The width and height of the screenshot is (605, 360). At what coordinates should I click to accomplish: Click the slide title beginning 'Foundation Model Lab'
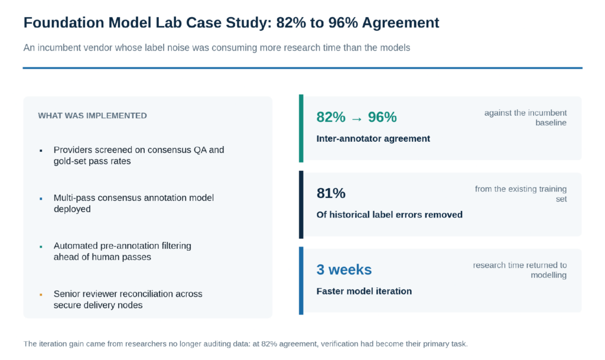(x=231, y=23)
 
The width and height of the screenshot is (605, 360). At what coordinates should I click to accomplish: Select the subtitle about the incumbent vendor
(x=217, y=48)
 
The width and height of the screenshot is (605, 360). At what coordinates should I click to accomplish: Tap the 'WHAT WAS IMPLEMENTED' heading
(x=92, y=116)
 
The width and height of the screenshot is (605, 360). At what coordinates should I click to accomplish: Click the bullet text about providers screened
(x=139, y=155)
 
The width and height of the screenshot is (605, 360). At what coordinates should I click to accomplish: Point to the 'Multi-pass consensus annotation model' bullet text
(x=134, y=203)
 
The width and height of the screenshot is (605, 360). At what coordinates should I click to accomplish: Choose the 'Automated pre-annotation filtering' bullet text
(x=122, y=251)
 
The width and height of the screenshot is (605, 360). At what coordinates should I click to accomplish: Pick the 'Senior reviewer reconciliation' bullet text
(x=128, y=300)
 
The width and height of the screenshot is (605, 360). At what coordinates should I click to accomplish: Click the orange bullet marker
(x=41, y=295)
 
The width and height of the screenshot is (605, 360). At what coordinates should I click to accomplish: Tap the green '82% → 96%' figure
(x=356, y=117)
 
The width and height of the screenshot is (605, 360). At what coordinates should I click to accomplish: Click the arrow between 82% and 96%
(x=357, y=119)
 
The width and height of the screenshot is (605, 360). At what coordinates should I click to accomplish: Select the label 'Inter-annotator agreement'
(x=373, y=138)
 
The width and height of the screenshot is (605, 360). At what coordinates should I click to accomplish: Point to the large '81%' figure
(x=331, y=193)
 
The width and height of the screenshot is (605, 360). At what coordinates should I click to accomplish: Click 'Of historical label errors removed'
(x=389, y=215)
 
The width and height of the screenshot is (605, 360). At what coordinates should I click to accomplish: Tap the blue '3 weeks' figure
(x=344, y=270)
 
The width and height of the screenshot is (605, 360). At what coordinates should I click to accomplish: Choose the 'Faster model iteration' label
(x=364, y=291)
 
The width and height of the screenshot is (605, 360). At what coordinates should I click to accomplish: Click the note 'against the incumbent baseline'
(x=525, y=118)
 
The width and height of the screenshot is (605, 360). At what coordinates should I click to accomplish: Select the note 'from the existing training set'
(x=521, y=194)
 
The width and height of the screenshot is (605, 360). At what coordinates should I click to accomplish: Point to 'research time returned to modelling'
(x=520, y=270)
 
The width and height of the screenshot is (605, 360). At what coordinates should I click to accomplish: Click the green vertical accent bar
(x=301, y=128)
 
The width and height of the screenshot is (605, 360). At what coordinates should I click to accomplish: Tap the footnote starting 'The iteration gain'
(x=245, y=344)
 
